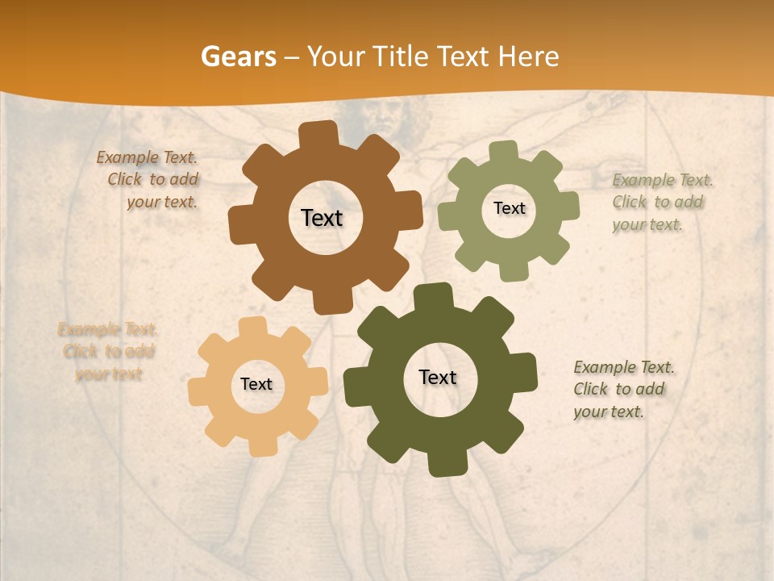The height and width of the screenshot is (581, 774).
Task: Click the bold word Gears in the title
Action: (238, 56)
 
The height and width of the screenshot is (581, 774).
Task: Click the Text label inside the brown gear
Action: (322, 218)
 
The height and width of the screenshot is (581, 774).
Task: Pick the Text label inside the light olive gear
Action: (509, 208)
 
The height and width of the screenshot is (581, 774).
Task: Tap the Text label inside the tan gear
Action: (256, 384)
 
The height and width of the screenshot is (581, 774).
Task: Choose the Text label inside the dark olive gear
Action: (438, 377)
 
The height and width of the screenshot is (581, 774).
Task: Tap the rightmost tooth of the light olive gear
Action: (568, 205)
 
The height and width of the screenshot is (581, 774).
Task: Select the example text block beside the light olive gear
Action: (661, 202)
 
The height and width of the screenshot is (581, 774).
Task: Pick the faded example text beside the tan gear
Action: (108, 352)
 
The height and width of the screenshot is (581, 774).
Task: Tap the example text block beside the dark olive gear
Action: (622, 389)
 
